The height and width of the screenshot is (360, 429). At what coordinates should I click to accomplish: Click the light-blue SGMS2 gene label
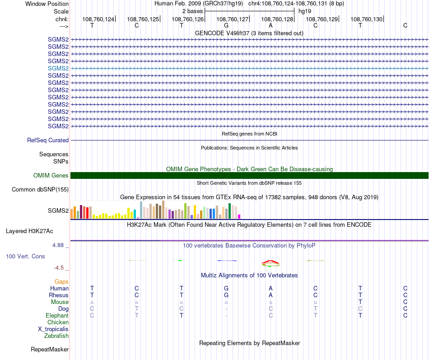58,68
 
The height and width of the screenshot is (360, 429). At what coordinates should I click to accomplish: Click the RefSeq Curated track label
48,140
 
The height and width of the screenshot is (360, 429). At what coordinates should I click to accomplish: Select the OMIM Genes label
51,176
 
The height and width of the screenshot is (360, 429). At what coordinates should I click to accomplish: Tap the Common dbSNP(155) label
40,190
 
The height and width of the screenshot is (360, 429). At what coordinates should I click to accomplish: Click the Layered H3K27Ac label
29,231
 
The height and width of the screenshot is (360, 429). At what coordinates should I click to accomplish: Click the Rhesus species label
59,295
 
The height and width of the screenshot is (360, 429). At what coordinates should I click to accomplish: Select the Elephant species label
57,316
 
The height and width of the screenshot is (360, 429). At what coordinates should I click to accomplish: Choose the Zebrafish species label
56,336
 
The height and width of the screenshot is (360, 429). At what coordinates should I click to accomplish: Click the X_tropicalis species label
53,329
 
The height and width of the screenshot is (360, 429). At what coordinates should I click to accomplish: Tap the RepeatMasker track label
50,350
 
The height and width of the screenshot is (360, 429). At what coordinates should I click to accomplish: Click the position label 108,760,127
233,19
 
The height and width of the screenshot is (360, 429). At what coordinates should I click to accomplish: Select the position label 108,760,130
367,19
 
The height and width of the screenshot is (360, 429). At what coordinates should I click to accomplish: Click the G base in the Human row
226,288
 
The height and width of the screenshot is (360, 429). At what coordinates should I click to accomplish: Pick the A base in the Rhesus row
270,295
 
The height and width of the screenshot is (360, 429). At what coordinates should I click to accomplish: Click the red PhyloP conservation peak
270,262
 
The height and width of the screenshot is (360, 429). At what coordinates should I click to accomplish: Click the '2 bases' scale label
192,11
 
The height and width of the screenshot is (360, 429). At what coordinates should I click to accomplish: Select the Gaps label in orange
61,282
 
